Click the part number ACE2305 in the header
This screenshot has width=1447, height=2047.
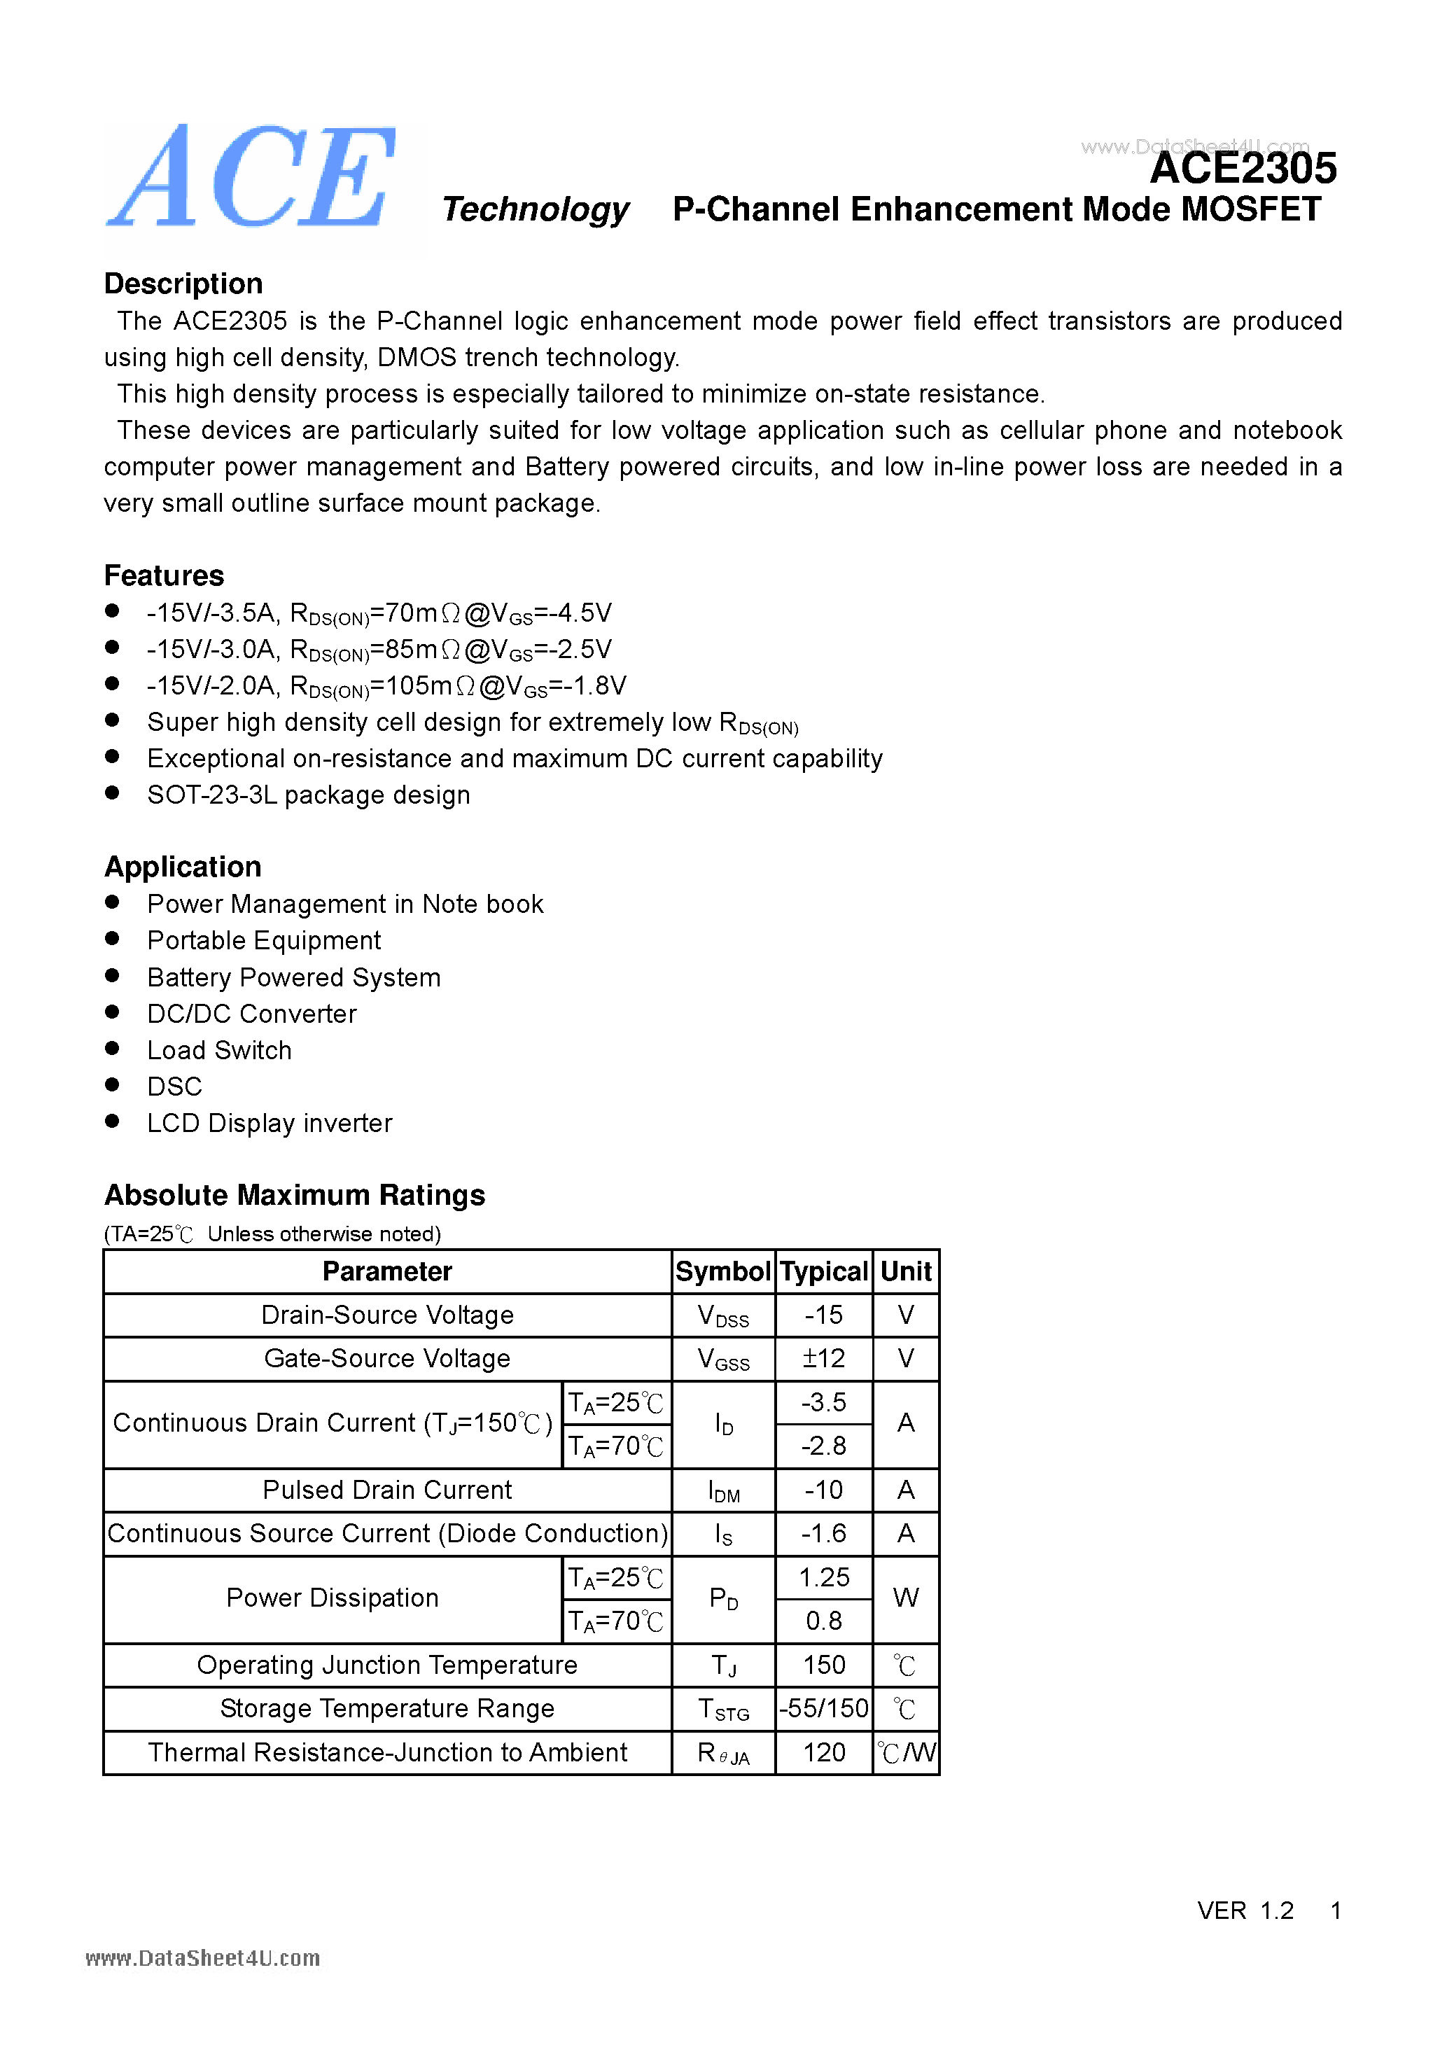click(x=1242, y=169)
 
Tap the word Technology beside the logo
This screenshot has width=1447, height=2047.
click(x=536, y=209)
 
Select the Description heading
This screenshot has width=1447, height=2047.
click(x=183, y=284)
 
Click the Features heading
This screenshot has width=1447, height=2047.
click(x=164, y=576)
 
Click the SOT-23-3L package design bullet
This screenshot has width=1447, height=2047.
click(x=309, y=795)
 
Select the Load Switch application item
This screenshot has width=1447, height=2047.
click(x=219, y=1050)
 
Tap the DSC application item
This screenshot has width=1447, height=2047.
click(x=175, y=1087)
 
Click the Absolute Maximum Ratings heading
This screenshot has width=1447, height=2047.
click(x=294, y=1196)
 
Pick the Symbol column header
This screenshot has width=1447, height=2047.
click(x=722, y=1271)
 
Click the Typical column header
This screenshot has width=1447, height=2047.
click(x=823, y=1271)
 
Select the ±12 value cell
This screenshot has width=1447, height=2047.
click(x=823, y=1359)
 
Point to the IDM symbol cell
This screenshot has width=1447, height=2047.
click(x=723, y=1490)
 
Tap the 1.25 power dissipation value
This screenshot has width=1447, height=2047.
click(x=823, y=1578)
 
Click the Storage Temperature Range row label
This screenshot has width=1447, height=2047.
click(x=387, y=1709)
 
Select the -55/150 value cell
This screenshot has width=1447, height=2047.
click(x=823, y=1709)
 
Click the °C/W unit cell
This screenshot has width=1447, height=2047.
click(x=906, y=1753)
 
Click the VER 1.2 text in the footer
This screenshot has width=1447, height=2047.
click(x=1245, y=1910)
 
